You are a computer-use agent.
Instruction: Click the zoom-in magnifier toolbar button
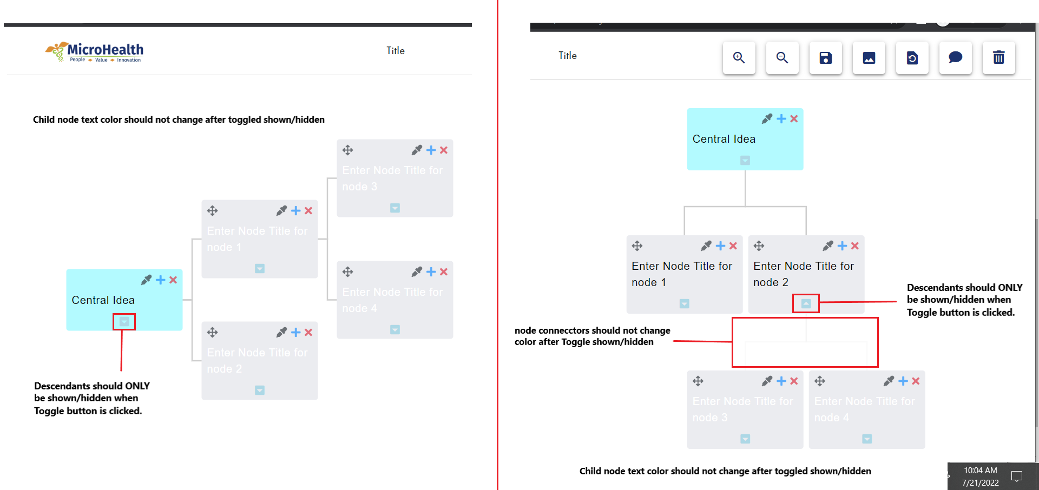(x=739, y=58)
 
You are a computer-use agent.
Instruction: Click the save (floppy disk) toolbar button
(x=825, y=58)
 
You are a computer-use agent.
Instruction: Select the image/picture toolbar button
(x=869, y=58)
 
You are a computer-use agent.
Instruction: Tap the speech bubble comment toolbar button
(x=955, y=58)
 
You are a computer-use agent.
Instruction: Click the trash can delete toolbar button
(x=998, y=58)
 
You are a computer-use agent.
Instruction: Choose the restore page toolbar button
(x=912, y=58)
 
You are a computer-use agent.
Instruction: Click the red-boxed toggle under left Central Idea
(x=124, y=322)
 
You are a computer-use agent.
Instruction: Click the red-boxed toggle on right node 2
(x=806, y=303)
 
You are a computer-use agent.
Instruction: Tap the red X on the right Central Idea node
(x=794, y=119)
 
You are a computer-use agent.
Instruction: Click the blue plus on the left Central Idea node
(x=160, y=280)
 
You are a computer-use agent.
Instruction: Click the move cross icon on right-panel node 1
(x=637, y=246)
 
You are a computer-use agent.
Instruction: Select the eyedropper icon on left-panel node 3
(x=417, y=150)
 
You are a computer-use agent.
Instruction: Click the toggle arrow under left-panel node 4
(x=395, y=329)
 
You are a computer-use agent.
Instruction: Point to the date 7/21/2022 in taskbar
(x=980, y=482)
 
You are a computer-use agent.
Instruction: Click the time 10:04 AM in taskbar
(x=980, y=471)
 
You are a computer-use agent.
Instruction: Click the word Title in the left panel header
(x=396, y=51)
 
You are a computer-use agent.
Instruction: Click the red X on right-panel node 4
(x=916, y=381)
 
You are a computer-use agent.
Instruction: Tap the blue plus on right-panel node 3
(x=781, y=381)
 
